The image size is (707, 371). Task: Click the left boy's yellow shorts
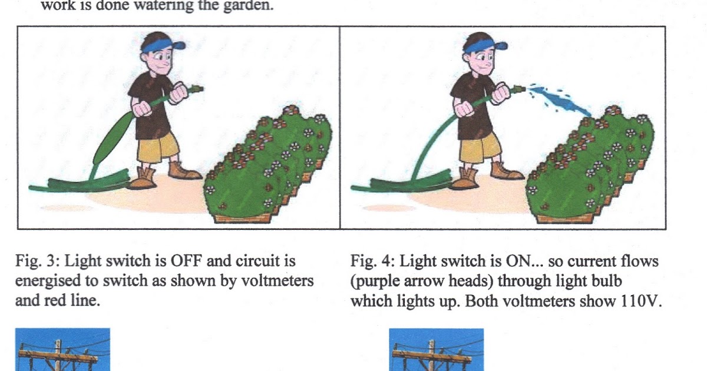pos(157,148)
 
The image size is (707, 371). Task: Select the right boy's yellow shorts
pos(480,148)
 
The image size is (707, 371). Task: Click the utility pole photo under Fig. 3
pos(63,350)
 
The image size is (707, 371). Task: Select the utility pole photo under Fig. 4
pos(436,350)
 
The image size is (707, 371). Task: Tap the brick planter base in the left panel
pos(242,218)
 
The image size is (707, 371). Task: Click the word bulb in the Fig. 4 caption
pos(606,281)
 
